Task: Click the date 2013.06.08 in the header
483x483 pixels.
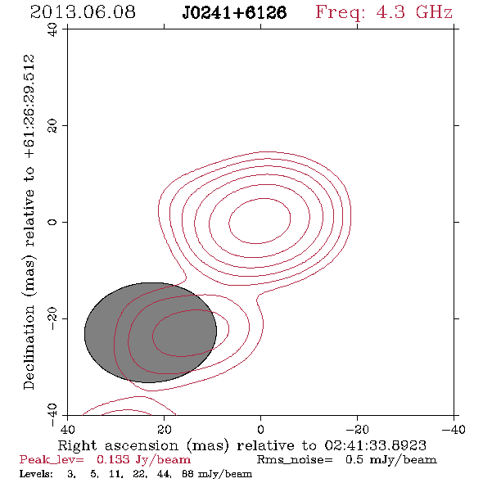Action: (83, 12)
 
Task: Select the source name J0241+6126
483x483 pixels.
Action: (234, 13)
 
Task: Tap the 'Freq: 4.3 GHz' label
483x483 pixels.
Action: (384, 13)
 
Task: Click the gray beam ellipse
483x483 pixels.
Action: (151, 332)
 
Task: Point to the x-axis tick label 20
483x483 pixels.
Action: (165, 430)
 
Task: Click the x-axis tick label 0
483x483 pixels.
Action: (261, 430)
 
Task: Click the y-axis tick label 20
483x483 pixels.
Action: (52, 126)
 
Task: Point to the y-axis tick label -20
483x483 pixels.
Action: (52, 318)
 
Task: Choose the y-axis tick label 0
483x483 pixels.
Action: (52, 222)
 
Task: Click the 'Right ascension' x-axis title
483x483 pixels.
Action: (118, 445)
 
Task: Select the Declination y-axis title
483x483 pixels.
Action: (29, 347)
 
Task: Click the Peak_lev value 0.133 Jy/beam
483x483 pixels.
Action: (143, 460)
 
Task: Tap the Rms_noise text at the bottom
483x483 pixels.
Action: (295, 459)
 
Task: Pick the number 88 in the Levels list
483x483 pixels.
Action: (187, 474)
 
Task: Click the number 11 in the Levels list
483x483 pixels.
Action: (115, 474)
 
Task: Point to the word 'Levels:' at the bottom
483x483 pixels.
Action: (36, 473)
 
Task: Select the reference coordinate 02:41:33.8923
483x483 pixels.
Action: (376, 445)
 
